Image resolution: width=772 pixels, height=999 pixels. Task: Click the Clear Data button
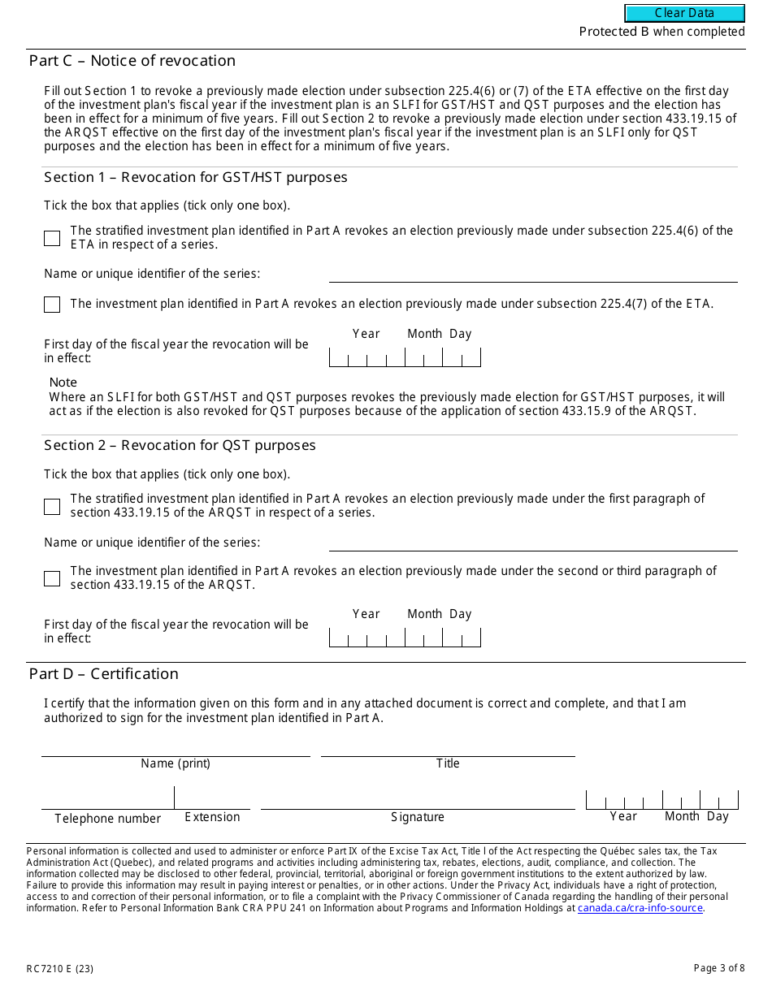pyautogui.click(x=684, y=13)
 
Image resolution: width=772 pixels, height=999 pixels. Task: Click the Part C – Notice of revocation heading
pyautogui.click(x=132, y=61)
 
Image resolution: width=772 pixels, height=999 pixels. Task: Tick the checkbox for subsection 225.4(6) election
pyautogui.click(x=52, y=238)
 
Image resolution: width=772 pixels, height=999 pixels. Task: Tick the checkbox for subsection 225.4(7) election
pyautogui.click(x=52, y=305)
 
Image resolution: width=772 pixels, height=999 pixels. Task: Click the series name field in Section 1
pyautogui.click(x=533, y=274)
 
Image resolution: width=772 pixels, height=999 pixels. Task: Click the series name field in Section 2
pyautogui.click(x=533, y=542)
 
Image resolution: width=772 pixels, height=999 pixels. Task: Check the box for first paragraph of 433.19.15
pyautogui.click(x=52, y=506)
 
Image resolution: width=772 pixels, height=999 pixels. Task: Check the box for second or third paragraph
pyautogui.click(x=52, y=578)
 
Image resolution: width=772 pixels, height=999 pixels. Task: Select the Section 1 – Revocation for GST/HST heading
pyautogui.click(x=196, y=177)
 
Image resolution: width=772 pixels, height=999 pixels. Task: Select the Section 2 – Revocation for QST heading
pyautogui.click(x=180, y=445)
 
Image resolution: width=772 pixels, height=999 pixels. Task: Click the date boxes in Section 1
pyautogui.click(x=405, y=357)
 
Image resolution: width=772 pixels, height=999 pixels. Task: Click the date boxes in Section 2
pyautogui.click(x=405, y=638)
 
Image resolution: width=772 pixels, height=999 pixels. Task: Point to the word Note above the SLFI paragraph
pyautogui.click(x=63, y=383)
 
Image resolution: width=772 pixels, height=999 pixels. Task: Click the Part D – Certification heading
pyautogui.click(x=104, y=674)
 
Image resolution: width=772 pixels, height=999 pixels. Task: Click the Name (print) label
pyautogui.click(x=176, y=763)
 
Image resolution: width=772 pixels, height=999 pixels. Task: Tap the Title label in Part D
pyautogui.click(x=448, y=763)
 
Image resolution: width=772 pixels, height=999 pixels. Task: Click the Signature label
pyautogui.click(x=418, y=817)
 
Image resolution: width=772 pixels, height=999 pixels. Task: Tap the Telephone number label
pyautogui.click(x=107, y=819)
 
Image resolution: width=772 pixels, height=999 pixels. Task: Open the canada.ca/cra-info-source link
pyautogui.click(x=640, y=908)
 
